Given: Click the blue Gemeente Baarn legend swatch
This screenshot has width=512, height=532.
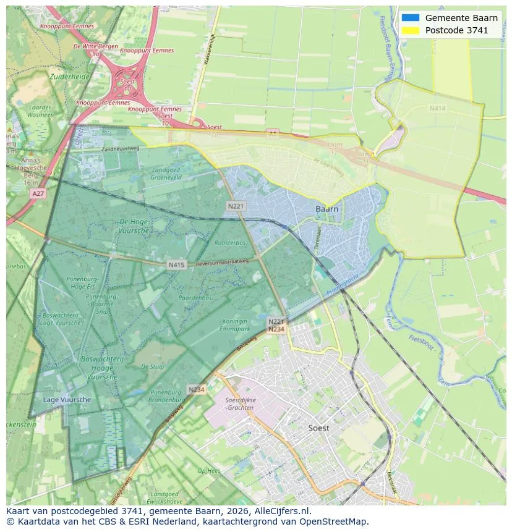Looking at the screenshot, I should (409, 18).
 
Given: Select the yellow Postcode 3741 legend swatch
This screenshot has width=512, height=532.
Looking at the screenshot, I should (409, 30).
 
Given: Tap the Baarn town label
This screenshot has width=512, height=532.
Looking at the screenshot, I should (326, 209).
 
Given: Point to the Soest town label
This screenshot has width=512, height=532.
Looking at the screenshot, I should (318, 428).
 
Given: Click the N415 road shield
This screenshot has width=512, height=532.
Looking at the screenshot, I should (176, 265).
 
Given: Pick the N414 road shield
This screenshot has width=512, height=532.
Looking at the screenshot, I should (437, 109).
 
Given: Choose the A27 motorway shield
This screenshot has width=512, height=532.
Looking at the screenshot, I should (37, 193).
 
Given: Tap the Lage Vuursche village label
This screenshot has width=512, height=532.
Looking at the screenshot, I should (67, 400).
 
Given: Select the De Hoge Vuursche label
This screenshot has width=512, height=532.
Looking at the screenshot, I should (134, 226).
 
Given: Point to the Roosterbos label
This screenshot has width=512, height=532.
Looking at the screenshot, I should (230, 243).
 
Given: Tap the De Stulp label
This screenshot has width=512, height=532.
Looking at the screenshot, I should (152, 366).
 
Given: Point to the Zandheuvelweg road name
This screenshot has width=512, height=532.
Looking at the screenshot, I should (121, 149).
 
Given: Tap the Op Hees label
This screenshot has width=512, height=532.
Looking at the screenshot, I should (209, 471).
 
